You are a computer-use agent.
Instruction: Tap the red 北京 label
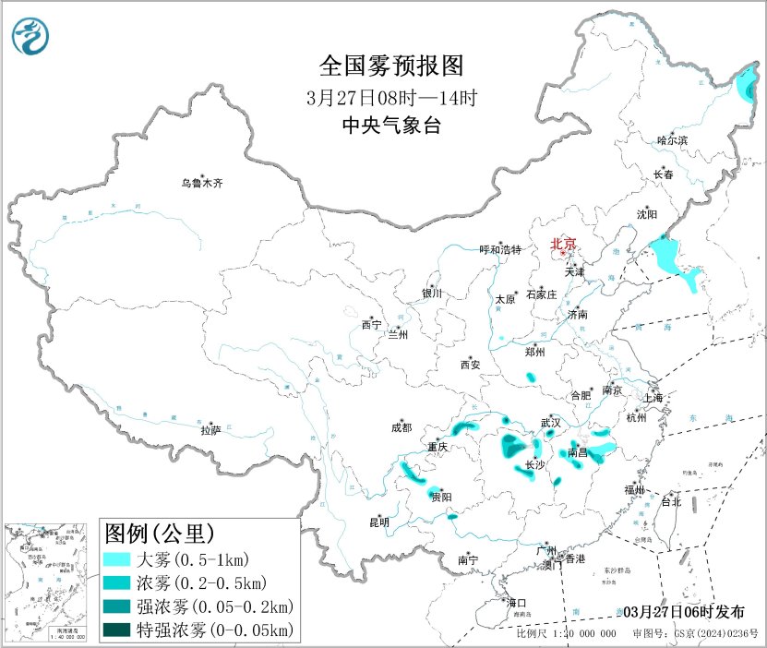(562, 245)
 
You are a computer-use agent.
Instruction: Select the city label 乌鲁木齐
(201, 184)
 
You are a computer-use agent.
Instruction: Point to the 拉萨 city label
(210, 430)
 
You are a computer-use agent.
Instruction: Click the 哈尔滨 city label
(672, 140)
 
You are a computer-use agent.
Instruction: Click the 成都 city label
(401, 427)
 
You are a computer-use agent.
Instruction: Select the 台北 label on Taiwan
(669, 502)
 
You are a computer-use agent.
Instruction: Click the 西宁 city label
(371, 324)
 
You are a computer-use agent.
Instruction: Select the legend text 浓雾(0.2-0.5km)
(200, 583)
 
